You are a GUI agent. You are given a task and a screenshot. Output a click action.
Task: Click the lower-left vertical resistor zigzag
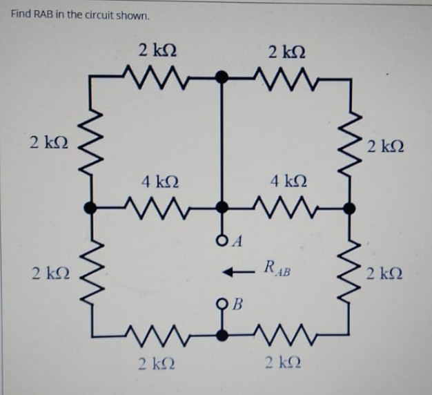[x=91, y=273]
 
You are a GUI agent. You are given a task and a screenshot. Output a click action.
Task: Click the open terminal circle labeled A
[x=222, y=241]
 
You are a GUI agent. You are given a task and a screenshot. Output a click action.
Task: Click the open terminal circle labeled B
[x=222, y=303]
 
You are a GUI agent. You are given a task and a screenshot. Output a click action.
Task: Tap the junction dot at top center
[x=222, y=77]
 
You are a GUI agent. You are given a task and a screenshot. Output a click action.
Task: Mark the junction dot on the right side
[x=351, y=206]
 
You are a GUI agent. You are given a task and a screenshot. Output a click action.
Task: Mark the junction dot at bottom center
[x=222, y=335]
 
